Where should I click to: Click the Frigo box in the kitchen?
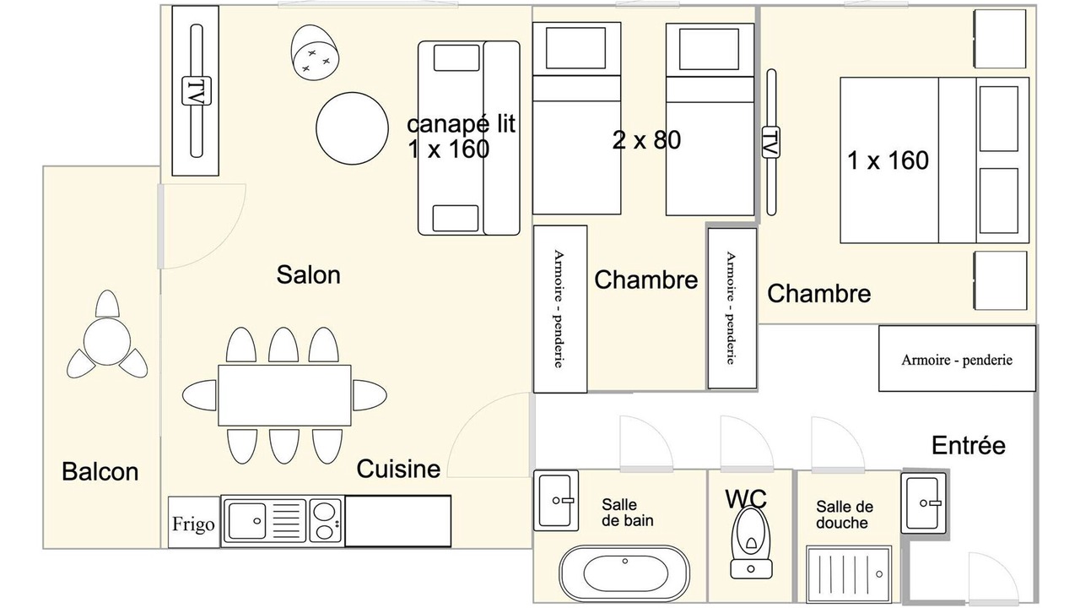point(194,522)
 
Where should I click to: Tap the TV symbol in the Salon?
point(197,90)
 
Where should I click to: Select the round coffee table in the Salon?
point(352,128)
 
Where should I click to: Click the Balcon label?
point(100,471)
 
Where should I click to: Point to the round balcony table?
point(107,341)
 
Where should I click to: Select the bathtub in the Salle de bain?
point(625,573)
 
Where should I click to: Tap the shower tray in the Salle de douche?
point(849,574)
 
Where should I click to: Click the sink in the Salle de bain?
point(556,501)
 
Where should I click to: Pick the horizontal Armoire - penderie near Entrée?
point(957,359)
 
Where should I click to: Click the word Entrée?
point(968,445)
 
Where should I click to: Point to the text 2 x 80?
point(646,140)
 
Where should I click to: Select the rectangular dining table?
point(284,396)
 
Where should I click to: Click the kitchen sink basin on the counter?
point(247,521)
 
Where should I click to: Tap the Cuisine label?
point(398,469)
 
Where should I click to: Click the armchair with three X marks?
point(315,52)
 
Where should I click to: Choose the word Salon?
point(309,274)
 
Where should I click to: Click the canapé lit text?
point(461,124)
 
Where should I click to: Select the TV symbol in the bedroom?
point(771,142)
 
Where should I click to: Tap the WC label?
point(746,499)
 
